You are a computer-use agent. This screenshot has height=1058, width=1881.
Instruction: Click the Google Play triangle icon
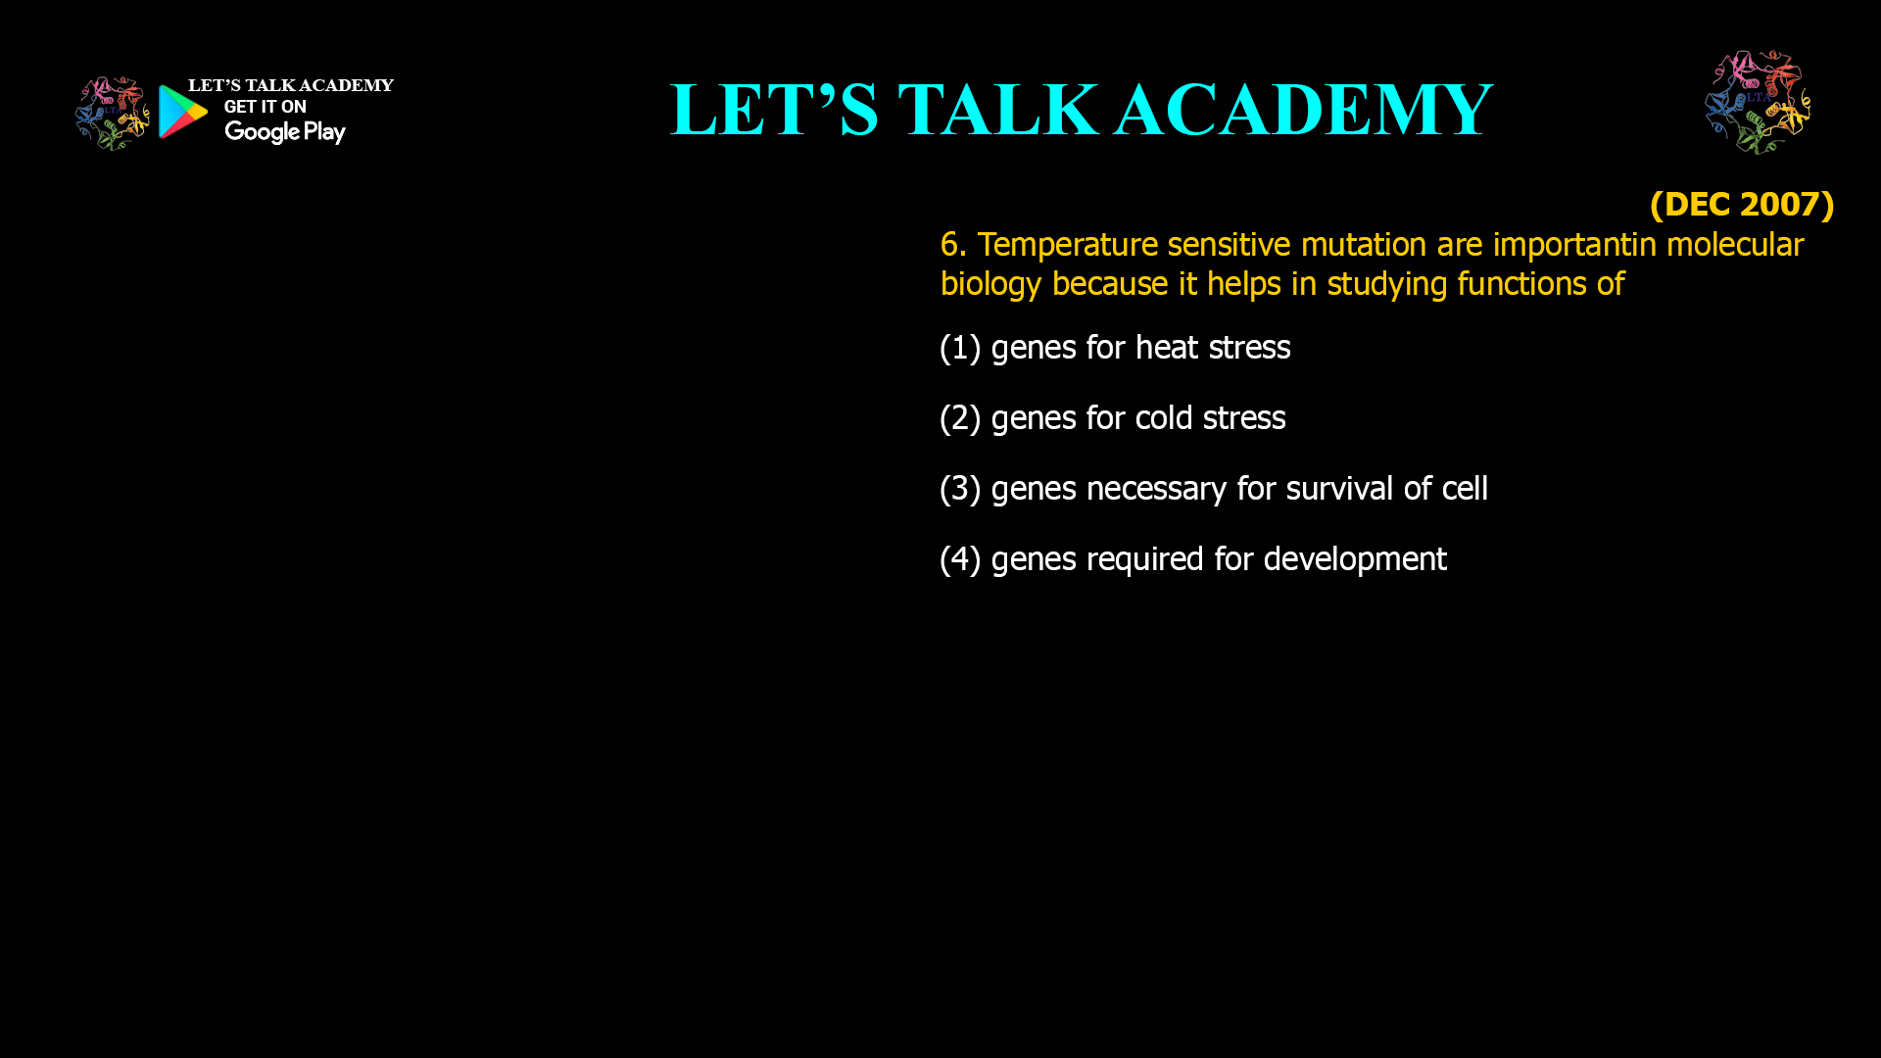[x=183, y=112]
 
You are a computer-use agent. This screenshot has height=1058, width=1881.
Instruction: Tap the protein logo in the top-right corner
[x=1758, y=102]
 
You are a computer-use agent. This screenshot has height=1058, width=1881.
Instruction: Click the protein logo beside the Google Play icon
[x=113, y=114]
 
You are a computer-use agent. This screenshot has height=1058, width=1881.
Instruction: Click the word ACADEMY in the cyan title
[x=1304, y=109]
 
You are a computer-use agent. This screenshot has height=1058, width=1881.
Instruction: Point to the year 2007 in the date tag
[x=1777, y=204]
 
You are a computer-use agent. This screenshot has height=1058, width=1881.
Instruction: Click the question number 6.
[x=952, y=244]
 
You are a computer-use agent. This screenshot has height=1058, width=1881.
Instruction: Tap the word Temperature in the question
[x=1068, y=245]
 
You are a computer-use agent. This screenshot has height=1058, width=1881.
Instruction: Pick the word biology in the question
[x=990, y=284]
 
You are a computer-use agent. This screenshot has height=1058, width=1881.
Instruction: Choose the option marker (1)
[x=960, y=348]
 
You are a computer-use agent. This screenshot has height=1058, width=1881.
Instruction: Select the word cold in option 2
[x=1164, y=417]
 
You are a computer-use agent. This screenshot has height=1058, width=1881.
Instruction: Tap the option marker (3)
[x=960, y=489]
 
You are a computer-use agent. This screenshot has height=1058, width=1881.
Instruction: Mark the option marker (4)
[x=960, y=559]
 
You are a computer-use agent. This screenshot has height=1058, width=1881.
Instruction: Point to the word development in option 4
[x=1355, y=559]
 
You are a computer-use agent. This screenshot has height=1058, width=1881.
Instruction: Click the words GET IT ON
[x=265, y=107]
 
